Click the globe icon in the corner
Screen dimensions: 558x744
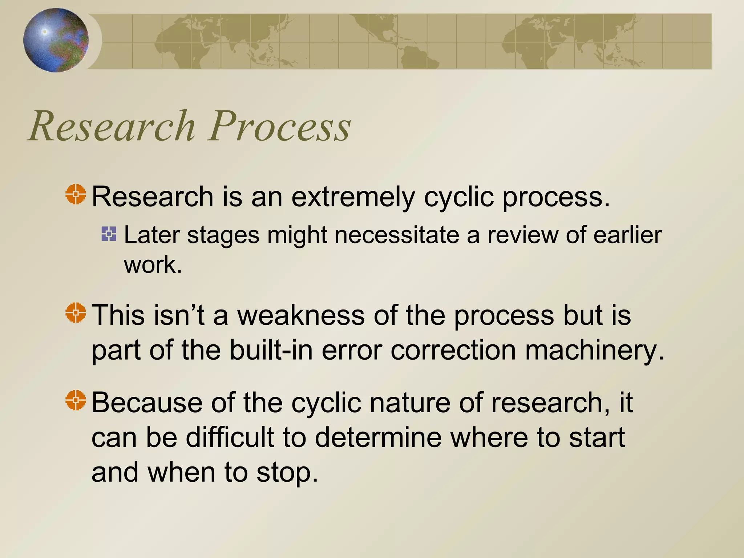(56, 40)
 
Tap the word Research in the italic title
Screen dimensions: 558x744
(113, 126)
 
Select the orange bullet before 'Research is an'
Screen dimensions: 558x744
(76, 194)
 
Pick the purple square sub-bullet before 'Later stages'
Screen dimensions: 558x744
(109, 234)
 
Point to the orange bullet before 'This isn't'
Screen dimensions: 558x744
(76, 312)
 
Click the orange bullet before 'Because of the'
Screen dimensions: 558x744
(76, 400)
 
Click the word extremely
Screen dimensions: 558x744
(353, 197)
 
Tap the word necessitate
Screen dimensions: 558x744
(397, 235)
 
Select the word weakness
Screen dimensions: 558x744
(301, 315)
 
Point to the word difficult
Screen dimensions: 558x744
(230, 437)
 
